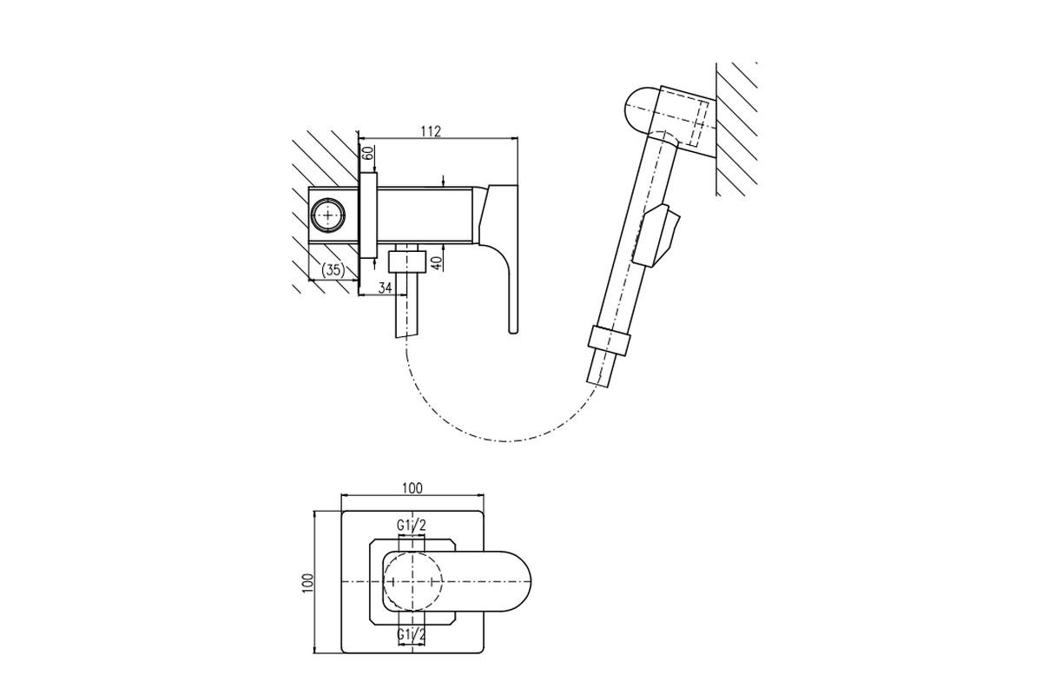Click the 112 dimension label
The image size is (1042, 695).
coord(431,131)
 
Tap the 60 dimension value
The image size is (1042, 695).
coord(367,153)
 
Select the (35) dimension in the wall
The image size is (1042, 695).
coord(333,269)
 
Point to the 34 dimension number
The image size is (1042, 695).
coord(385,288)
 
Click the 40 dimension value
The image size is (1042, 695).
coord(436,264)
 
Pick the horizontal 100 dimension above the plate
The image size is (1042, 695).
coord(412,488)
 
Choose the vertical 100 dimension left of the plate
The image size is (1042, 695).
coord(308,582)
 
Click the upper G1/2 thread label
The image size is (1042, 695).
coord(412,526)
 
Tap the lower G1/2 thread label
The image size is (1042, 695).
coord(412,633)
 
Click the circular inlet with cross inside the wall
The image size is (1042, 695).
coord(329,215)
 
